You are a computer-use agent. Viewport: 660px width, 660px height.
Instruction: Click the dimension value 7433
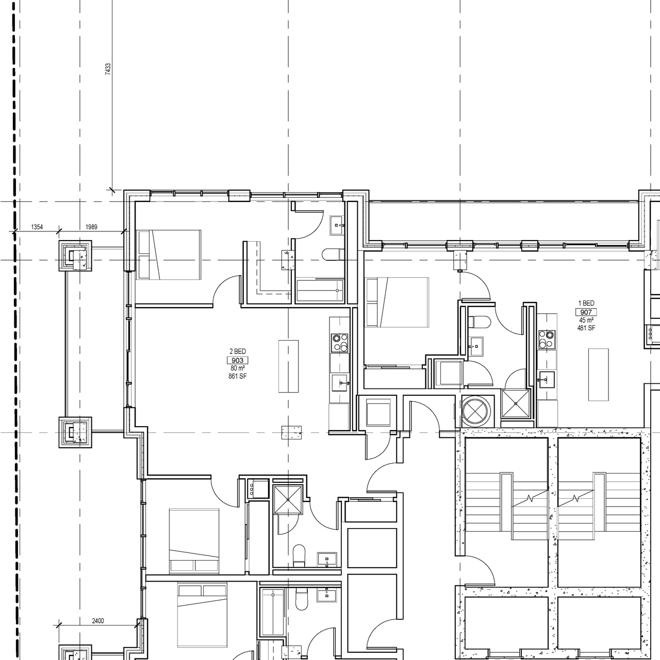108,70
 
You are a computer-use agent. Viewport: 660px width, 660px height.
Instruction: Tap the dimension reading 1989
91,227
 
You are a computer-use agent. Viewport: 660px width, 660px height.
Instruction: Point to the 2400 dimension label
97,621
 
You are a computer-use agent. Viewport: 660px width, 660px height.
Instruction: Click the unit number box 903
237,360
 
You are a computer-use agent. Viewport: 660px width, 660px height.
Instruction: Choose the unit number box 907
586,312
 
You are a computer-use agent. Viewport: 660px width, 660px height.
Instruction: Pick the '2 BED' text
237,351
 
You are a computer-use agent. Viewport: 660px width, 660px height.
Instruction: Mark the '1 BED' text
586,303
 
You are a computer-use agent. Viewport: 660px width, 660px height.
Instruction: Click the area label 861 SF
237,377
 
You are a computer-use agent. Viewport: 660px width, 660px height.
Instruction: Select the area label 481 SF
586,328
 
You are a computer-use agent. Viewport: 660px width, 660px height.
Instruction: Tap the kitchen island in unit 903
288,366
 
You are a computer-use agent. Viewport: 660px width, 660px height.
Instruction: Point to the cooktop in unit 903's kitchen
339,343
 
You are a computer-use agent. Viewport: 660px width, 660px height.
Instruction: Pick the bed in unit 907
397,302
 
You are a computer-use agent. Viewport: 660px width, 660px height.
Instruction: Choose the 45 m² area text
586,320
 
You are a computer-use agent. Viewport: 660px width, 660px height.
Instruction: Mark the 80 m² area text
237,368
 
